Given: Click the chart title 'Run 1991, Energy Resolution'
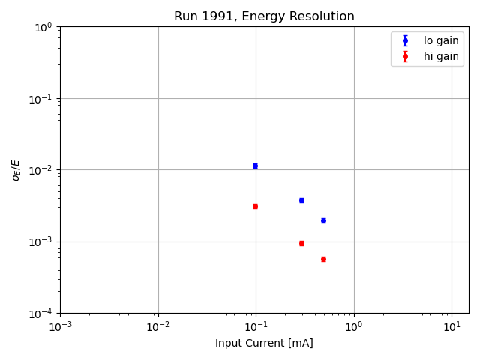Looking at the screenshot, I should click(264, 16).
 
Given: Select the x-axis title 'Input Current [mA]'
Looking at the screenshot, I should click(264, 343).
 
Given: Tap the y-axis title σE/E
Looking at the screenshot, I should click(16, 169).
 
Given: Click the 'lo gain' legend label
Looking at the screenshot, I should click(441, 40).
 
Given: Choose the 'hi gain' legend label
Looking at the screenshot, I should click(441, 56).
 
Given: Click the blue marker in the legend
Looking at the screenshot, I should click(405, 40).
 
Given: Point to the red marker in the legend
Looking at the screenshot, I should click(405, 56).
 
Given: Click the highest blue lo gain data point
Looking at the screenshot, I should click(255, 166).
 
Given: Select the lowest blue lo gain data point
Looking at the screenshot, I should click(323, 220).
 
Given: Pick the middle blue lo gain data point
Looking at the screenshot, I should click(301, 200).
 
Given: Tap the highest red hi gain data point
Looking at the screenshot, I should click(255, 206).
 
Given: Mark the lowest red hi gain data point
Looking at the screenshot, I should click(323, 259).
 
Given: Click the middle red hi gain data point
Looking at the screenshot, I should click(301, 243).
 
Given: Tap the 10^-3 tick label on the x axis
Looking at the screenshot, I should click(61, 326).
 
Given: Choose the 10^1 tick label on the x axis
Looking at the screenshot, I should click(451, 326).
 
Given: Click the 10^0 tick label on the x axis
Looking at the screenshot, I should click(354, 326).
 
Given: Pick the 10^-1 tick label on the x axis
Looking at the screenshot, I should click(256, 326).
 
